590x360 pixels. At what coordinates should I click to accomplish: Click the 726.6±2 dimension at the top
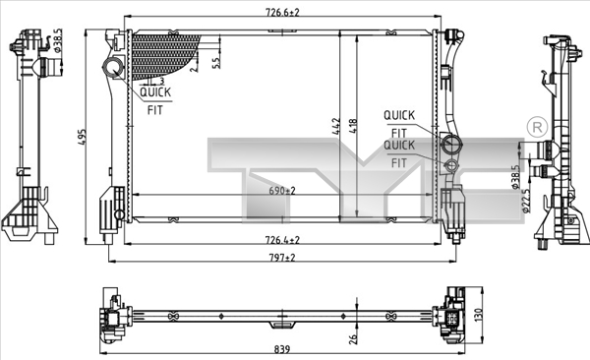(282, 12)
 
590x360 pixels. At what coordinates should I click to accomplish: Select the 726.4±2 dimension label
(282, 239)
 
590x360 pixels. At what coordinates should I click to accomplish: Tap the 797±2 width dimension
(282, 258)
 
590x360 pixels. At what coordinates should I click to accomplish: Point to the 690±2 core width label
(282, 191)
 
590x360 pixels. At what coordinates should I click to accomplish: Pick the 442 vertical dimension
(336, 127)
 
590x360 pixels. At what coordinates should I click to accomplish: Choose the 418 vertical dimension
(353, 127)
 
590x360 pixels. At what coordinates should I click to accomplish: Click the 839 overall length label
(282, 349)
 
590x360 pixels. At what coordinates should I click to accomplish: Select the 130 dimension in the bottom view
(478, 315)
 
